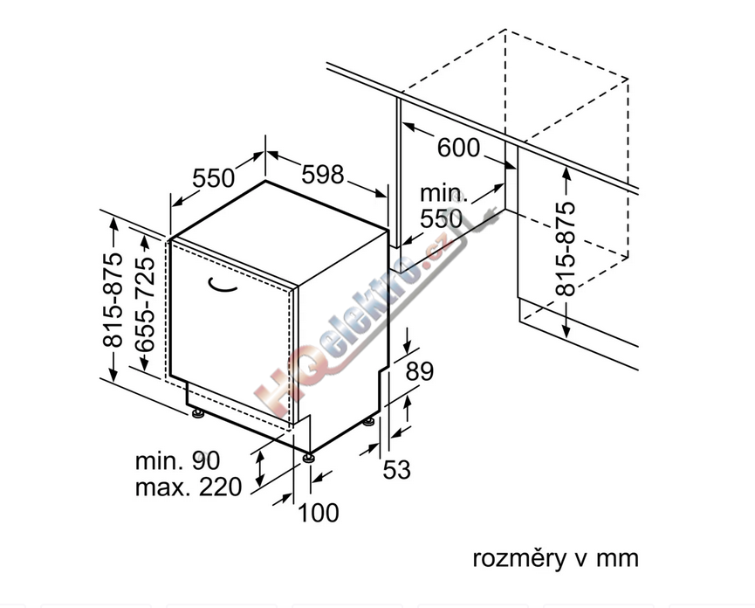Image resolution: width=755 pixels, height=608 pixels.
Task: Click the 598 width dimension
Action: (323, 175)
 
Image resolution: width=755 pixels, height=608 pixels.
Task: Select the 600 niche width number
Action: (458, 148)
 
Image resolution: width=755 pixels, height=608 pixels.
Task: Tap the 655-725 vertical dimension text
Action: (145, 304)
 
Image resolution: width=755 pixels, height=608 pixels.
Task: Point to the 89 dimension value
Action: (419, 371)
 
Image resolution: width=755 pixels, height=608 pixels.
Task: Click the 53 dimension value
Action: (397, 469)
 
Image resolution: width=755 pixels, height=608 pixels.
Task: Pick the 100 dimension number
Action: (319, 513)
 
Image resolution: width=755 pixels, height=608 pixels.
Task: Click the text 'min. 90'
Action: (177, 460)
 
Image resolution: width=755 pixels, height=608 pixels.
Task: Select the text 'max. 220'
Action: (189, 487)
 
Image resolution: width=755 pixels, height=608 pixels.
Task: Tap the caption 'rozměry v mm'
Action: (556, 558)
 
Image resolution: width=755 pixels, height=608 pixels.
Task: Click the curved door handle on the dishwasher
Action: (222, 286)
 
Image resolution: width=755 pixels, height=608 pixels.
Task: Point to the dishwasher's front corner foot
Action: (308, 457)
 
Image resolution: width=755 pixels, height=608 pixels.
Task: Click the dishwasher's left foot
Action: (197, 413)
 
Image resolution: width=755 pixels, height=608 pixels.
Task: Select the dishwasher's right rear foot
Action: (369, 421)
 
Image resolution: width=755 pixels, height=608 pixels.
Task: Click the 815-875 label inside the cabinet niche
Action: (566, 249)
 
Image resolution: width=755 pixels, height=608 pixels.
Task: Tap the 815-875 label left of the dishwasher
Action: (113, 299)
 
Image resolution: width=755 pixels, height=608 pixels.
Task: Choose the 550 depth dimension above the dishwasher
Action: (213, 178)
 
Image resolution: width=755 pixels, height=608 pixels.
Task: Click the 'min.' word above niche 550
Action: (443, 193)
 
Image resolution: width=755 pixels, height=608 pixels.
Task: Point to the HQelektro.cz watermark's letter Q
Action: (311, 368)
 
